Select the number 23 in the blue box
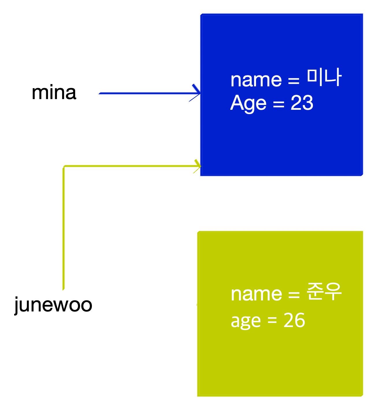[x=302, y=103]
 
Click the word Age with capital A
[x=248, y=103]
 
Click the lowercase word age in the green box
[x=246, y=321]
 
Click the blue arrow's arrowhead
[x=197, y=93]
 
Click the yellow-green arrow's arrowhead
[x=198, y=166]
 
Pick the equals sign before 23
[x=279, y=103]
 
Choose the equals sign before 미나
[x=294, y=80]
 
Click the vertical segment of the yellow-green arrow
[x=63, y=228]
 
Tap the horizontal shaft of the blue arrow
[x=144, y=93]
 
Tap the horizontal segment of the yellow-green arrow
[x=130, y=166]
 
